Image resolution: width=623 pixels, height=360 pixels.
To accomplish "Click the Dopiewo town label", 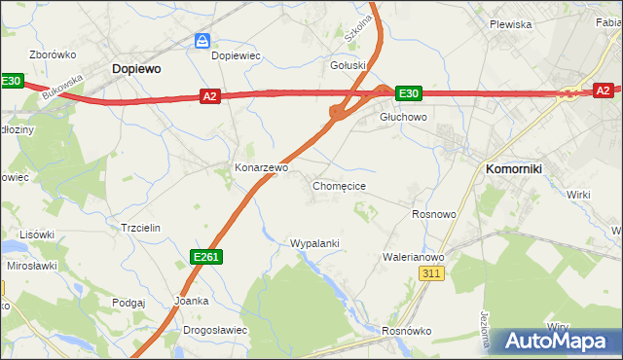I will [x=136, y=69].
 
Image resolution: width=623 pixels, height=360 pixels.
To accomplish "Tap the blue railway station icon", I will [x=202, y=41].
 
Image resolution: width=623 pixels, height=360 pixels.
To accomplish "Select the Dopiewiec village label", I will [x=236, y=55].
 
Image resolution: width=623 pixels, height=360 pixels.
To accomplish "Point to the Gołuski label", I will [x=348, y=65].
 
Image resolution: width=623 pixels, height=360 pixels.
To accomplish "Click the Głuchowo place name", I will [x=403, y=117].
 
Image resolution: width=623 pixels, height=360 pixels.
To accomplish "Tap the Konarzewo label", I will [x=262, y=167].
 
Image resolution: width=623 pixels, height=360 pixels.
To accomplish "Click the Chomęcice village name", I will [x=339, y=185].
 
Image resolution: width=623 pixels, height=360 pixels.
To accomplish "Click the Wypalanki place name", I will [x=314, y=242].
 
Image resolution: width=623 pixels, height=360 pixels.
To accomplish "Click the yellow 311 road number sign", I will [x=433, y=275].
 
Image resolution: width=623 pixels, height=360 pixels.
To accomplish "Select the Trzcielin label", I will [x=139, y=227].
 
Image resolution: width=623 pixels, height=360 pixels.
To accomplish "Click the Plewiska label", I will [x=510, y=24].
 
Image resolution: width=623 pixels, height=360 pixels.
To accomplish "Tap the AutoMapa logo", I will [x=554, y=341].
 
